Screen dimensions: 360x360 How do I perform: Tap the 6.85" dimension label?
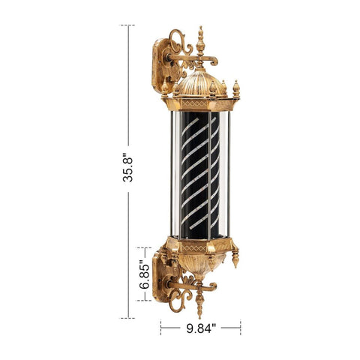(x=145, y=274)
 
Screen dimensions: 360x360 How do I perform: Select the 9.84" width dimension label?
(x=201, y=328)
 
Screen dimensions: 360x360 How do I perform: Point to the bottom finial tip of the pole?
(x=199, y=316)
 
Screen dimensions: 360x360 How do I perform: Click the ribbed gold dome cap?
(x=199, y=83)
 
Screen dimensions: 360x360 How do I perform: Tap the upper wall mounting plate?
(x=163, y=65)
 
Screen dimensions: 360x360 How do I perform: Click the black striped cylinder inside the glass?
(x=200, y=175)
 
